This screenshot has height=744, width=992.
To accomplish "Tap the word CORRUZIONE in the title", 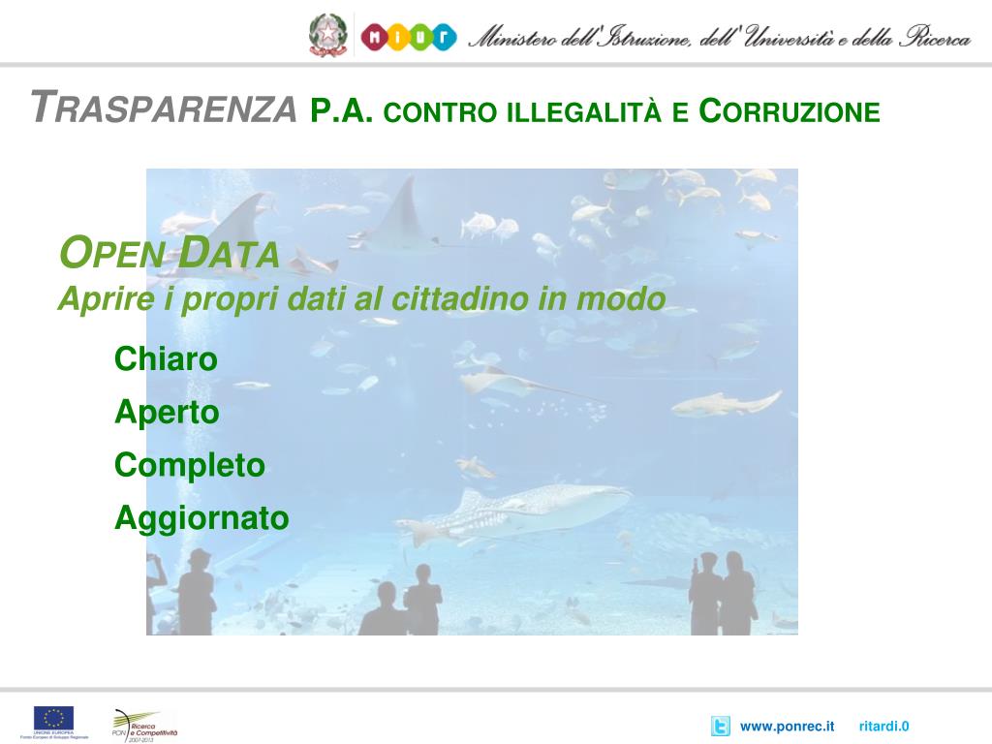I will point(789,111).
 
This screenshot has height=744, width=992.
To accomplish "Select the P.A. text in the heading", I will point(342,110).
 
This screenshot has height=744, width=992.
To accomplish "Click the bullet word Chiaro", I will point(166,359).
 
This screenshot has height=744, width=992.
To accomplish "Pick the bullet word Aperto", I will point(167,413).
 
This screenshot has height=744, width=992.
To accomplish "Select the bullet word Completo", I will point(190,466).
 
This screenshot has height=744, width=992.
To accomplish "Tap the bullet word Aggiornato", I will point(201,519).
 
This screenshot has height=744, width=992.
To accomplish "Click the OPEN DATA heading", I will point(170,255).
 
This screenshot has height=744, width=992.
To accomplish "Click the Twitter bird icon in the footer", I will point(720,727).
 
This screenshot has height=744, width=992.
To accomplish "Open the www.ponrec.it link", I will point(787,727).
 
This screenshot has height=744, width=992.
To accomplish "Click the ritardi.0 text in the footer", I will point(883,727).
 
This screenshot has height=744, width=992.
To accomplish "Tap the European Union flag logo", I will point(54,719).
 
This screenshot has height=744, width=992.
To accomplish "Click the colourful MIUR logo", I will point(408,37).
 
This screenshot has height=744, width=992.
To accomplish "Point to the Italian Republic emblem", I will point(327,36).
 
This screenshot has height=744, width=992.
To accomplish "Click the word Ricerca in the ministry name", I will point(934,38).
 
